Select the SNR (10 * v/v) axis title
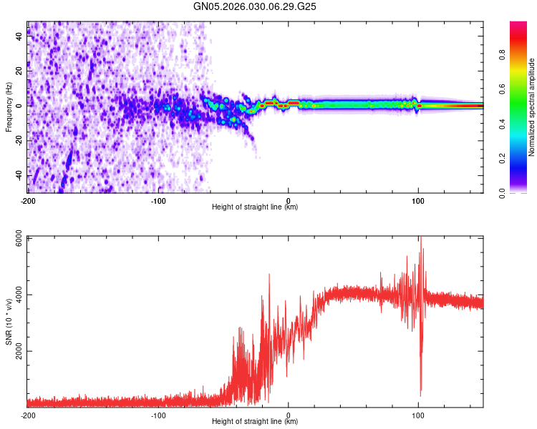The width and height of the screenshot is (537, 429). click(x=9, y=322)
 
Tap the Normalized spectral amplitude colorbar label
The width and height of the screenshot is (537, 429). click(x=531, y=107)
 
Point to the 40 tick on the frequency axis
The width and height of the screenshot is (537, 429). click(x=19, y=38)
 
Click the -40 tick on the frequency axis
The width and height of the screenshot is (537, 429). click(x=18, y=175)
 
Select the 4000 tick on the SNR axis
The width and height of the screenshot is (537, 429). click(x=14, y=296)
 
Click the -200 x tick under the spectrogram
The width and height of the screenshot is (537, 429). click(x=28, y=200)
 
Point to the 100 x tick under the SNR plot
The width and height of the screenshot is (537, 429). click(x=419, y=415)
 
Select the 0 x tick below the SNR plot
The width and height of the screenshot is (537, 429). click(x=289, y=415)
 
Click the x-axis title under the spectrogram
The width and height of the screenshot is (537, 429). click(x=255, y=207)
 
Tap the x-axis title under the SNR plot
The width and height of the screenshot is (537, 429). click(x=255, y=422)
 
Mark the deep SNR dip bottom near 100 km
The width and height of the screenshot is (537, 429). click(x=420, y=393)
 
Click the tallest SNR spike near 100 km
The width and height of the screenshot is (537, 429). click(x=421, y=238)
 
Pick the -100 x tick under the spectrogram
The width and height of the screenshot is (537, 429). click(x=158, y=200)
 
